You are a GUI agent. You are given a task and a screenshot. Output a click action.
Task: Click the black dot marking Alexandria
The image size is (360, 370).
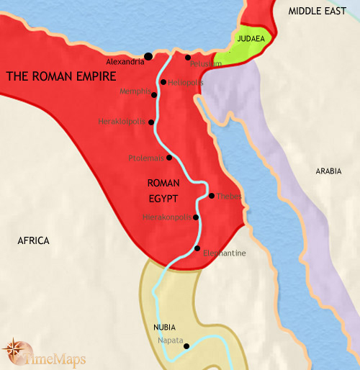148,56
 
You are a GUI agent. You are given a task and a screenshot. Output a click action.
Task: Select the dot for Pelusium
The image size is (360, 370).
188,57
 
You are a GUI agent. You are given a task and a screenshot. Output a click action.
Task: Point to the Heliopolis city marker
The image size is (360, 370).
164,82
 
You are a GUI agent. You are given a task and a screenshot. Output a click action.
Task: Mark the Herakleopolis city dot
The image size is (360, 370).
151,122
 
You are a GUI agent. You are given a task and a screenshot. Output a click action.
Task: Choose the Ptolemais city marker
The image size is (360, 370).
169,158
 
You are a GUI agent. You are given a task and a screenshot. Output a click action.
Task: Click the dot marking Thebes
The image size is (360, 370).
211,195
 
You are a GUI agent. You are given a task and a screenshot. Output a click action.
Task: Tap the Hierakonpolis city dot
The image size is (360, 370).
196,216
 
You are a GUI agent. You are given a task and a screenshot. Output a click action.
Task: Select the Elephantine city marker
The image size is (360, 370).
197,248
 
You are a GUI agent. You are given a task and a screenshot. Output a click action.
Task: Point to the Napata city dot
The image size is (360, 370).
186,346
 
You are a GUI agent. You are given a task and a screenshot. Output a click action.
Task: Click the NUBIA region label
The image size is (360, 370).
164,327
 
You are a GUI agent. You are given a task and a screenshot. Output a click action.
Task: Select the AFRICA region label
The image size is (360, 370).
33,240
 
